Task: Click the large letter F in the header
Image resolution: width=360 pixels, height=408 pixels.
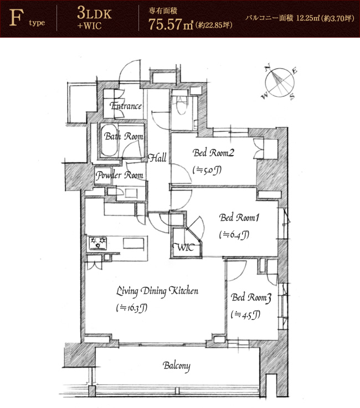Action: point(17,18)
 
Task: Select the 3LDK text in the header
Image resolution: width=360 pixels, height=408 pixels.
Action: point(94,13)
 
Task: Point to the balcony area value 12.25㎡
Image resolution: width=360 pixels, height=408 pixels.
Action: point(308,18)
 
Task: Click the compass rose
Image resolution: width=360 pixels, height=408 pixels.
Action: point(280,82)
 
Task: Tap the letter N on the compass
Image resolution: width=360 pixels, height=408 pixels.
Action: point(268,68)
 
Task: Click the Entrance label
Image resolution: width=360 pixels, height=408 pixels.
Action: point(126,106)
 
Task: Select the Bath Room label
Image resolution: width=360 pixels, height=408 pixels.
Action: point(124,136)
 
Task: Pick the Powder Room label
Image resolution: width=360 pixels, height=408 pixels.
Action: point(119,175)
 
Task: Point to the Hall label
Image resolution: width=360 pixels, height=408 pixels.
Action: point(157,158)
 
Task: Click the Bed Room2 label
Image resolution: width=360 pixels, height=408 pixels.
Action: point(213,152)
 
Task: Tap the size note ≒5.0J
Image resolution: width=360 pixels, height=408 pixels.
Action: point(207,170)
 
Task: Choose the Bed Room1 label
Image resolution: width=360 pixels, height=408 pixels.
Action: point(239,217)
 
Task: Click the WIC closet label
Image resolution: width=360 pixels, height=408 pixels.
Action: point(184,247)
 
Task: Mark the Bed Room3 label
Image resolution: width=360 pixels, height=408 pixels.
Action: point(251,297)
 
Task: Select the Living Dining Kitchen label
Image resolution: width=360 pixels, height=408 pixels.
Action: point(157,291)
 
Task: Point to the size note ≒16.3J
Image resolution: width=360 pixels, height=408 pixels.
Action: point(131,308)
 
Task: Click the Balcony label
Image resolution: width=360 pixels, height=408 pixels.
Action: point(177,366)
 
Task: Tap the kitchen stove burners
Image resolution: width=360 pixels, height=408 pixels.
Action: point(97,243)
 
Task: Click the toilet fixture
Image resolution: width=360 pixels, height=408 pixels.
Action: point(182,106)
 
